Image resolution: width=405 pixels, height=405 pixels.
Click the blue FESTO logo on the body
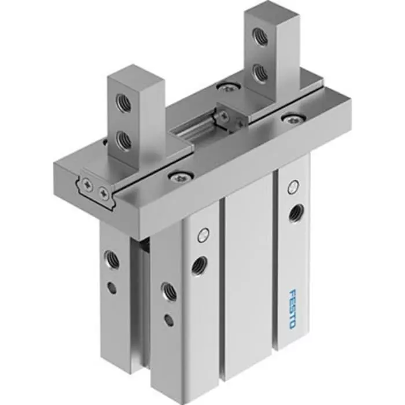pos(292,310)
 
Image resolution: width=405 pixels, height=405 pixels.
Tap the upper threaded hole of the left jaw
pos(123,103)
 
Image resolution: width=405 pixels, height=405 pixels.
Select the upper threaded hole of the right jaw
pos(259,37)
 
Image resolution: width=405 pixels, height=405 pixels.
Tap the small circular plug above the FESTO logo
pos(294,186)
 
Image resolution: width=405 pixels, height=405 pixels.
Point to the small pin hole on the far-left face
pos(112,286)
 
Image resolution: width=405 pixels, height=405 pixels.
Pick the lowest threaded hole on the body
pos(169,291)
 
